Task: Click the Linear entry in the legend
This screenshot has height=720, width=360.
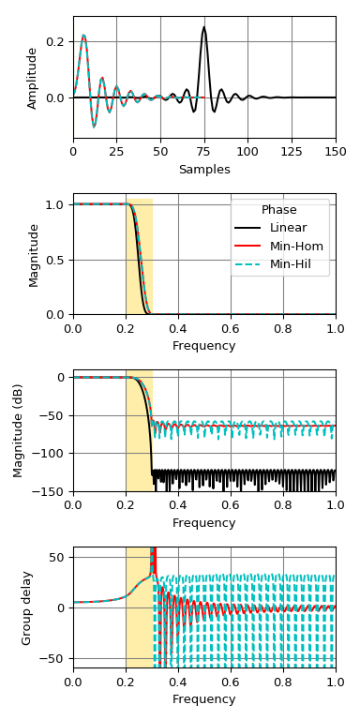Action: tap(288, 228)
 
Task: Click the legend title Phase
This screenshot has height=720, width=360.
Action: tap(279, 210)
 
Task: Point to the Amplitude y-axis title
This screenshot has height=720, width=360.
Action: tap(33, 77)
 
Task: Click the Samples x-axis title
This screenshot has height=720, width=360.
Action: tap(204, 170)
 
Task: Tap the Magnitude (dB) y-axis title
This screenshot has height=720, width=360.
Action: tap(19, 430)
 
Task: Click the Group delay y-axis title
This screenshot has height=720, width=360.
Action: tap(27, 607)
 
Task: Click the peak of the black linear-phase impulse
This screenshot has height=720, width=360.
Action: tap(204, 27)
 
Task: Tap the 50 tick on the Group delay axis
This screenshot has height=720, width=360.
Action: tap(56, 558)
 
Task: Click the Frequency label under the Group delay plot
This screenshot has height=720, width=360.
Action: tap(204, 699)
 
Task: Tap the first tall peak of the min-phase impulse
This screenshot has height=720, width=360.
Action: tap(83, 36)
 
